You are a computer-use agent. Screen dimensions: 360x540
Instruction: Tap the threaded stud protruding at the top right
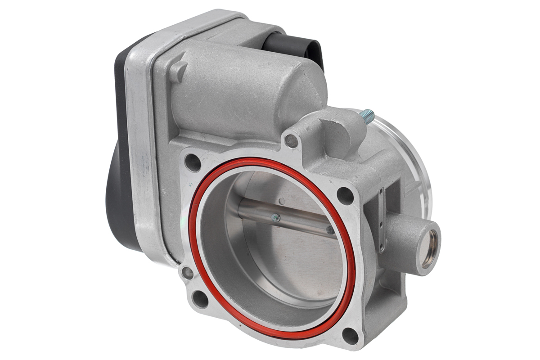click(368, 116)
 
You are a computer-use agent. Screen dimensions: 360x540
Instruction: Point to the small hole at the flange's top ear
click(292, 141)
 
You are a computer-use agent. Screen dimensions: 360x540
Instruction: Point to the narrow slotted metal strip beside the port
click(382, 220)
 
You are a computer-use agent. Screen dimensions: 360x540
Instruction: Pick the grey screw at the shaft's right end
click(331, 230)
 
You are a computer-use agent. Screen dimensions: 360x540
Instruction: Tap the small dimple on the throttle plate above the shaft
click(281, 201)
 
